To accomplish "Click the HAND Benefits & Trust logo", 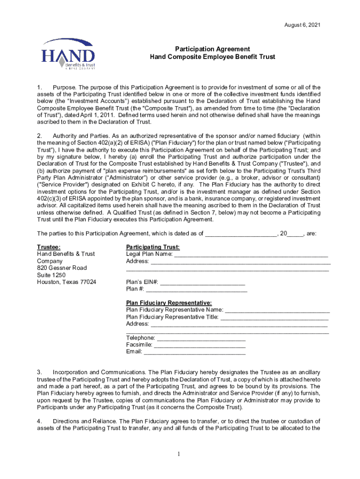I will pyautogui.click(x=68, y=54).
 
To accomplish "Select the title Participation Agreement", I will pyautogui.click(x=212, y=49).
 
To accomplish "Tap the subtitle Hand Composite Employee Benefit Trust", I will pyautogui.click(x=212, y=57).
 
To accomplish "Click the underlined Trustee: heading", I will pyautogui.click(x=49, y=247).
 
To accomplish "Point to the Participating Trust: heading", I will pyautogui.click(x=153, y=247).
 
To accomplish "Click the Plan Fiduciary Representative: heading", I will pyautogui.click(x=169, y=303).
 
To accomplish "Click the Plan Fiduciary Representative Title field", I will pyautogui.click(x=274, y=317).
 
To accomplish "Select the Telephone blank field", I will pyautogui.click(x=201, y=338).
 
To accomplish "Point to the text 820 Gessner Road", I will pyautogui.click(x=62, y=268).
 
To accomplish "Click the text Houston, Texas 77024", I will pyautogui.click(x=67, y=282).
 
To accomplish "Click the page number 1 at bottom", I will pyautogui.click(x=180, y=454).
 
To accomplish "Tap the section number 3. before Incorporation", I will pyautogui.click(x=40, y=372).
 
